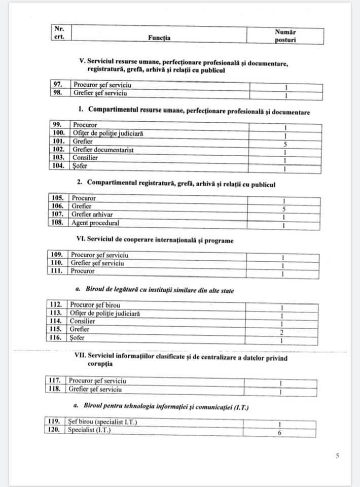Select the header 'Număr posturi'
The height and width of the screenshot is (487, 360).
pyautogui.click(x=285, y=36)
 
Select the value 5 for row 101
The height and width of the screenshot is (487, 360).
pyautogui.click(x=285, y=144)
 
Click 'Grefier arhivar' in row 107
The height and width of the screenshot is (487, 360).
pyautogui.click(x=92, y=215)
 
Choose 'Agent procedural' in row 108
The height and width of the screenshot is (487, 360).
pyautogui.click(x=95, y=223)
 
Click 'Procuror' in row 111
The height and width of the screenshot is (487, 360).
pyautogui.click(x=83, y=271)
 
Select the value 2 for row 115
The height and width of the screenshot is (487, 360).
pyautogui.click(x=282, y=332)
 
